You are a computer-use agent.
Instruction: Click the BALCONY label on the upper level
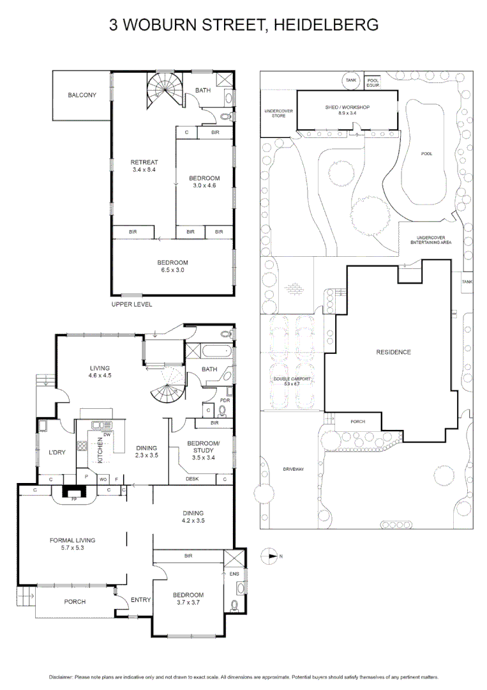[x=82, y=95]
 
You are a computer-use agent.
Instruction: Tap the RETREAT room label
[x=144, y=162]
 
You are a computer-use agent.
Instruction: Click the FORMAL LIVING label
[x=76, y=540]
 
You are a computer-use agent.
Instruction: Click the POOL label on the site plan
[x=427, y=154]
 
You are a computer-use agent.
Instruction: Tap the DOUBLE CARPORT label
[x=292, y=379]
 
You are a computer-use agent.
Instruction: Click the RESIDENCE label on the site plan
[x=393, y=352]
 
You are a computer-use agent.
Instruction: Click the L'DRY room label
[x=57, y=453]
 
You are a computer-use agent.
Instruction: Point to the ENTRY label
[x=140, y=599]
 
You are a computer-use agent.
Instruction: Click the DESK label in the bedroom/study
[x=191, y=479]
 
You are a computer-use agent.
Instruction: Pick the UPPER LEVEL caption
[x=131, y=304]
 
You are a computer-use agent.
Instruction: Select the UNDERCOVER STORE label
[x=278, y=113]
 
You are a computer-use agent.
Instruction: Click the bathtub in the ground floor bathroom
[x=209, y=351]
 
